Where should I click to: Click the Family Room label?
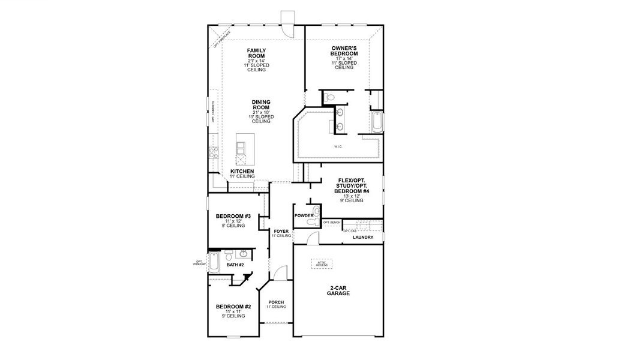(256, 54)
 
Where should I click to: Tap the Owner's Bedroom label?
(344, 50)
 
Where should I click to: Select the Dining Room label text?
(261, 106)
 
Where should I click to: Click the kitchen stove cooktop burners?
(212, 153)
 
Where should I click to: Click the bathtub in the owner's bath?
(377, 122)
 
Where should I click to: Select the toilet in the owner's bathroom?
(330, 97)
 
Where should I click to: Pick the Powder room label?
(304, 215)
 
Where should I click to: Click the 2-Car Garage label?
(339, 290)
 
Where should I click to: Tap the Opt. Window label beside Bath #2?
(200, 262)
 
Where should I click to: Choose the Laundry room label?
(363, 237)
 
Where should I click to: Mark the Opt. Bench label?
(332, 223)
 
